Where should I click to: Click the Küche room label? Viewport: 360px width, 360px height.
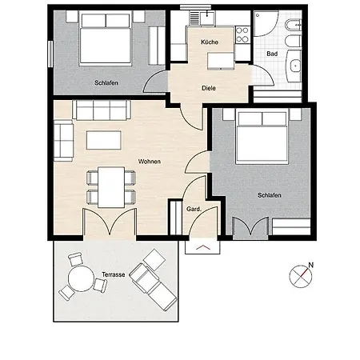210,42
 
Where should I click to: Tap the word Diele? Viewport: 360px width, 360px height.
209,88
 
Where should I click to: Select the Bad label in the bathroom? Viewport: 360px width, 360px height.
272,54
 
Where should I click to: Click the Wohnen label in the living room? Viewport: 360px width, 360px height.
150,162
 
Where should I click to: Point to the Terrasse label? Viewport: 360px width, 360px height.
114,274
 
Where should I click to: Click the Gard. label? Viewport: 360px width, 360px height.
194,209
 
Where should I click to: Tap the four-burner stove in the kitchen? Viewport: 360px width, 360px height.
242,35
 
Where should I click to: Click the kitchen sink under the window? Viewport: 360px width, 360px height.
208,18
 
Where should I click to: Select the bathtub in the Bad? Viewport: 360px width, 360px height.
294,66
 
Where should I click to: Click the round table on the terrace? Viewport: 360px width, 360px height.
81,278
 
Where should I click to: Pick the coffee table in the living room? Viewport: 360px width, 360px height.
104,140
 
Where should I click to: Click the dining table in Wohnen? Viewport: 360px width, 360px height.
111,187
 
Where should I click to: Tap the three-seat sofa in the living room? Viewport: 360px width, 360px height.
102,110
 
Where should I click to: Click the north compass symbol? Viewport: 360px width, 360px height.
301,276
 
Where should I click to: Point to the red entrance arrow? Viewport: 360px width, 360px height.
203,248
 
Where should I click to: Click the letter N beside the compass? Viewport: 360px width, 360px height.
310,265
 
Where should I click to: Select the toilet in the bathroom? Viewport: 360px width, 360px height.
293,26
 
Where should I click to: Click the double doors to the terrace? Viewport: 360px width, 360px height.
110,222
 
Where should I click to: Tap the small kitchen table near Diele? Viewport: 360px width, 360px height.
221,61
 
